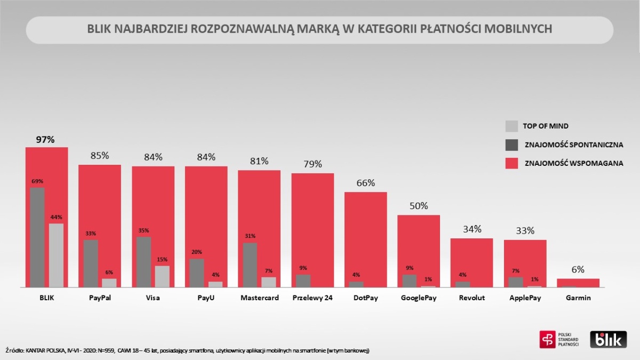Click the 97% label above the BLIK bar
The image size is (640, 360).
45,140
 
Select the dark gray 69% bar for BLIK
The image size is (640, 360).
37,237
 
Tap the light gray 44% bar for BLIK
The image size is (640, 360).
56,255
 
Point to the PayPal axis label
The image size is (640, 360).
100,298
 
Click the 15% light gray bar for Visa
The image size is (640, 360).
162,276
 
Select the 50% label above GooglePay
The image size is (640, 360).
419,206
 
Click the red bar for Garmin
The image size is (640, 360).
578,282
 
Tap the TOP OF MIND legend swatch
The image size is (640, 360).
511,126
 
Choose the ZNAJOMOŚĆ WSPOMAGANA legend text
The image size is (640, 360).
574,164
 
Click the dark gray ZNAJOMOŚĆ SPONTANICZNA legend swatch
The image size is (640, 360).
511,145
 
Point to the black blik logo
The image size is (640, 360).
608,339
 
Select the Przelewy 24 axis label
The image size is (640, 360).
313,298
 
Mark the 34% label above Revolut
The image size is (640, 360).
472,229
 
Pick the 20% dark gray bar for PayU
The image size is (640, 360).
196,273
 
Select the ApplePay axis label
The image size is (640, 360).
525,298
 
